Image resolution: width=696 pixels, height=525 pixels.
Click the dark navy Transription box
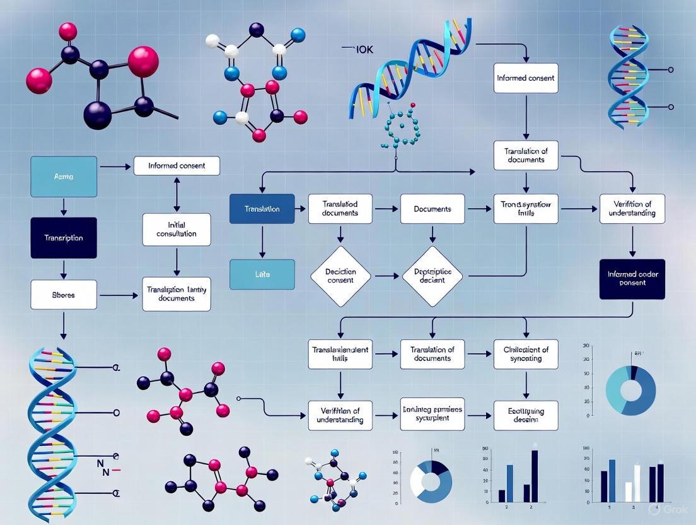64,238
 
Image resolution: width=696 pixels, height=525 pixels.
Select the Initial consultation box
177,229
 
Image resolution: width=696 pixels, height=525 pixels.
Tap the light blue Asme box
64,177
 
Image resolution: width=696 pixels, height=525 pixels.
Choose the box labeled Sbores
64,294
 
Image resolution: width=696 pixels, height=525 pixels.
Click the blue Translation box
262,208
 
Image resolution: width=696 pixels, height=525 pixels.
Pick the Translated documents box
340,208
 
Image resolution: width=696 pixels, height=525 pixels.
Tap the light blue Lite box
262,274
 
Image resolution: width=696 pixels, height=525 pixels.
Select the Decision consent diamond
340,276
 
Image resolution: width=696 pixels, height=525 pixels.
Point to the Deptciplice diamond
432,276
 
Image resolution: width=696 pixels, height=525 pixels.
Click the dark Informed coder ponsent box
632,279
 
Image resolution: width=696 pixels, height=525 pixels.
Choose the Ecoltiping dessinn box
526,415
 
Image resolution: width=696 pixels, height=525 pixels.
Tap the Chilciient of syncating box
526,354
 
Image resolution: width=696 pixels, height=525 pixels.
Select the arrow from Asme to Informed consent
115,167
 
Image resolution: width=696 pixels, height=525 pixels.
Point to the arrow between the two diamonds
386,276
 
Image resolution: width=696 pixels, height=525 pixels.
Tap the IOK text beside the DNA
364,49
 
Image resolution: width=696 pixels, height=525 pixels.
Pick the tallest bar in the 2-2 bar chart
535,475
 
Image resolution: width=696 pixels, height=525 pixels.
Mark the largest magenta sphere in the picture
143,61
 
